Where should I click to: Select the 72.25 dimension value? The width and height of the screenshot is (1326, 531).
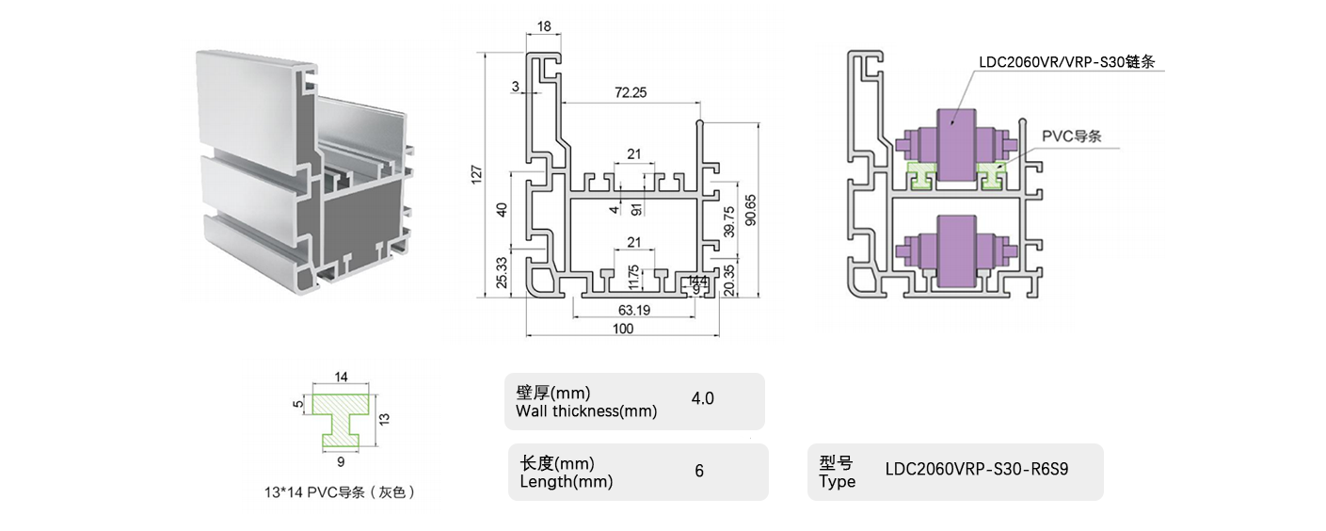click(x=630, y=92)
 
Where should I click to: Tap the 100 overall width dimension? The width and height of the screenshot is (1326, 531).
click(x=623, y=329)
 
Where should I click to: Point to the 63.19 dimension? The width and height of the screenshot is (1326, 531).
click(x=631, y=309)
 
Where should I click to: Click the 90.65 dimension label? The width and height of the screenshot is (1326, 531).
click(x=749, y=210)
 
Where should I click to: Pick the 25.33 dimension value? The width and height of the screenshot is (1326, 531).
click(x=502, y=272)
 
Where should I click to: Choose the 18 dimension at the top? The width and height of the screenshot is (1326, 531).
click(x=544, y=27)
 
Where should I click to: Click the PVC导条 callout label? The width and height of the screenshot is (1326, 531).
click(x=1071, y=136)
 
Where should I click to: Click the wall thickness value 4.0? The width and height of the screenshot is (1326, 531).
click(x=702, y=398)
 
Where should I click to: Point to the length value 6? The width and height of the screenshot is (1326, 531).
click(x=699, y=471)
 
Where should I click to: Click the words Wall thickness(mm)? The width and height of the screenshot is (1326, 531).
click(x=586, y=410)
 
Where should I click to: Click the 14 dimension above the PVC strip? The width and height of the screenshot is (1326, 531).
click(x=341, y=377)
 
